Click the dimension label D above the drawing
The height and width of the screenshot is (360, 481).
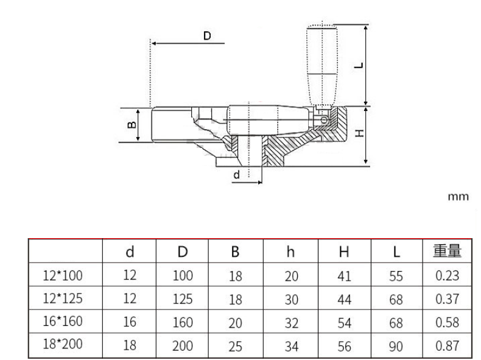tap(207, 36)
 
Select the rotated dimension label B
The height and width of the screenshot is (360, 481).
tap(132, 124)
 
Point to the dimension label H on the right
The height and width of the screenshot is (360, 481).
tap(359, 133)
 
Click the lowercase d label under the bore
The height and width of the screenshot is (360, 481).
tap(236, 175)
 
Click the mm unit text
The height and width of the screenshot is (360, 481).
tap(458, 196)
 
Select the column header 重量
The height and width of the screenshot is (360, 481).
tap(447, 251)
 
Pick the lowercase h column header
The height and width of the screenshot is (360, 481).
tap(290, 252)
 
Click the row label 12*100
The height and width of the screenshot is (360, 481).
tap(63, 275)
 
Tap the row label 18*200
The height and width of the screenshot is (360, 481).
tap(63, 344)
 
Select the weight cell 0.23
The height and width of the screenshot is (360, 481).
tap(448, 275)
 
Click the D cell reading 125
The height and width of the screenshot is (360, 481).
tap(183, 299)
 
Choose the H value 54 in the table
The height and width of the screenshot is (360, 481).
tap(344, 323)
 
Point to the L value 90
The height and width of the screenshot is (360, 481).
tap(396, 346)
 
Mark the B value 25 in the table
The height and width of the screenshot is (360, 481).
tap(235, 346)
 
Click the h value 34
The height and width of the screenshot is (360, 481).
tap(292, 346)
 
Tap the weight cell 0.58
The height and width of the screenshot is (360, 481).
tap(448, 322)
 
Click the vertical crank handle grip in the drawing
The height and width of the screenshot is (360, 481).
tap(322, 65)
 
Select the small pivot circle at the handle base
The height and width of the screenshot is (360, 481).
tap(324, 119)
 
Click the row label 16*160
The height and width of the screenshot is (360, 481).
tap(63, 321)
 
